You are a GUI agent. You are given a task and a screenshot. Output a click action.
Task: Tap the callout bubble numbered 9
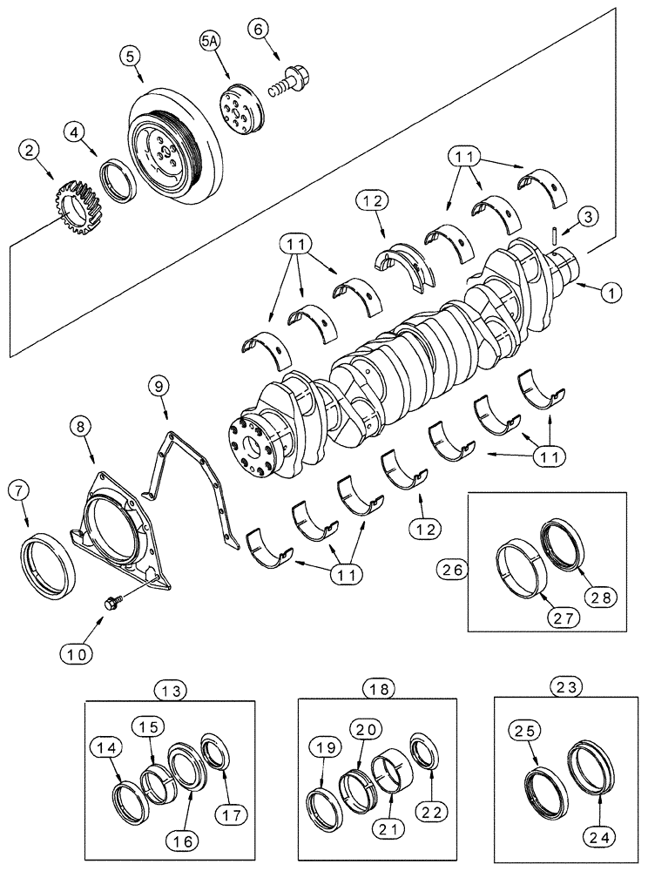[x=158, y=383]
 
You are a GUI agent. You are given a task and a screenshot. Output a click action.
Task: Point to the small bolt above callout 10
[x=111, y=603]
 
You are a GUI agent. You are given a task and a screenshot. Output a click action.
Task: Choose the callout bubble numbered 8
[x=81, y=427]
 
